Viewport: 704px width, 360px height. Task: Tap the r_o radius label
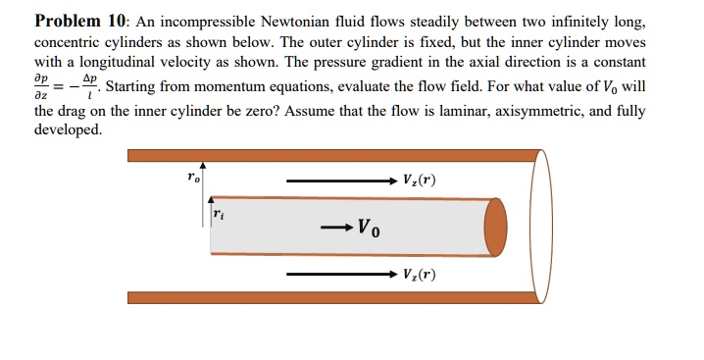[193, 177]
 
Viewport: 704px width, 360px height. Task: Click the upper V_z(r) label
[419, 180]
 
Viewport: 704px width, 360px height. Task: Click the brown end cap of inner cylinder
[496, 226]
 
